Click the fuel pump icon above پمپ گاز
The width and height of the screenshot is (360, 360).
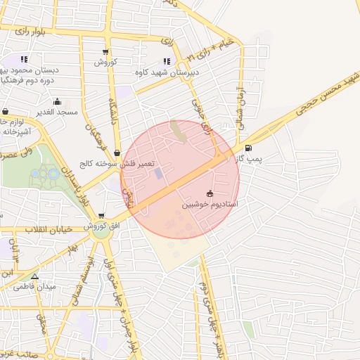point(248,148)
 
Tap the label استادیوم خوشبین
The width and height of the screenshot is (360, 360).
point(210,205)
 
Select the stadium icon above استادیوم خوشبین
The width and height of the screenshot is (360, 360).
point(210,193)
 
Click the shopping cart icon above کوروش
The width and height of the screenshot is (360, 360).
point(105,52)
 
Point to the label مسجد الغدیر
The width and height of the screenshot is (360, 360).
point(57,112)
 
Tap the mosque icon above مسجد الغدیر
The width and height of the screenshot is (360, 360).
point(57,102)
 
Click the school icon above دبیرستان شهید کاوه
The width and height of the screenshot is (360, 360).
point(167,61)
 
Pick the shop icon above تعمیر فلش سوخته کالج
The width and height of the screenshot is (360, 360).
point(117,152)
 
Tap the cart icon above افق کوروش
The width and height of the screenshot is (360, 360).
point(102,216)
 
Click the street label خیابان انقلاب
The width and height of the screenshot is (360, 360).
point(49,230)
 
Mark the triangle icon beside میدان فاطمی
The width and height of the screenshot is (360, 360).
point(35,276)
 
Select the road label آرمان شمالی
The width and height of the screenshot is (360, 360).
point(239,106)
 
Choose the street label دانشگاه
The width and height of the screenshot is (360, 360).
point(112,109)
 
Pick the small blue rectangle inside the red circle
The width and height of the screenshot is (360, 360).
point(157,172)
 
